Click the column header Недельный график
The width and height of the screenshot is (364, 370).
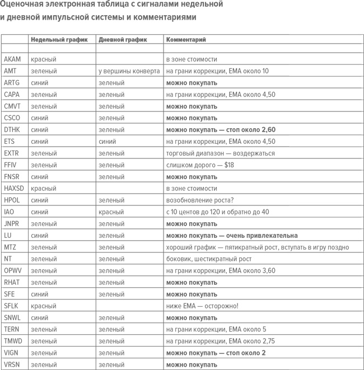tap(59, 40)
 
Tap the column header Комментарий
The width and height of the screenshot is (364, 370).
tap(185, 40)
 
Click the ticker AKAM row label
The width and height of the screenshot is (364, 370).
tap(12, 59)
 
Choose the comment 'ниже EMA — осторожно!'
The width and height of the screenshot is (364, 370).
tap(202, 306)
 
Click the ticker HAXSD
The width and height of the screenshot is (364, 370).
tap(14, 189)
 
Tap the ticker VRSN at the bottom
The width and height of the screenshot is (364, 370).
tap(12, 365)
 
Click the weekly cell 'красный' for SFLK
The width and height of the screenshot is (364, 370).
tap(43, 306)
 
